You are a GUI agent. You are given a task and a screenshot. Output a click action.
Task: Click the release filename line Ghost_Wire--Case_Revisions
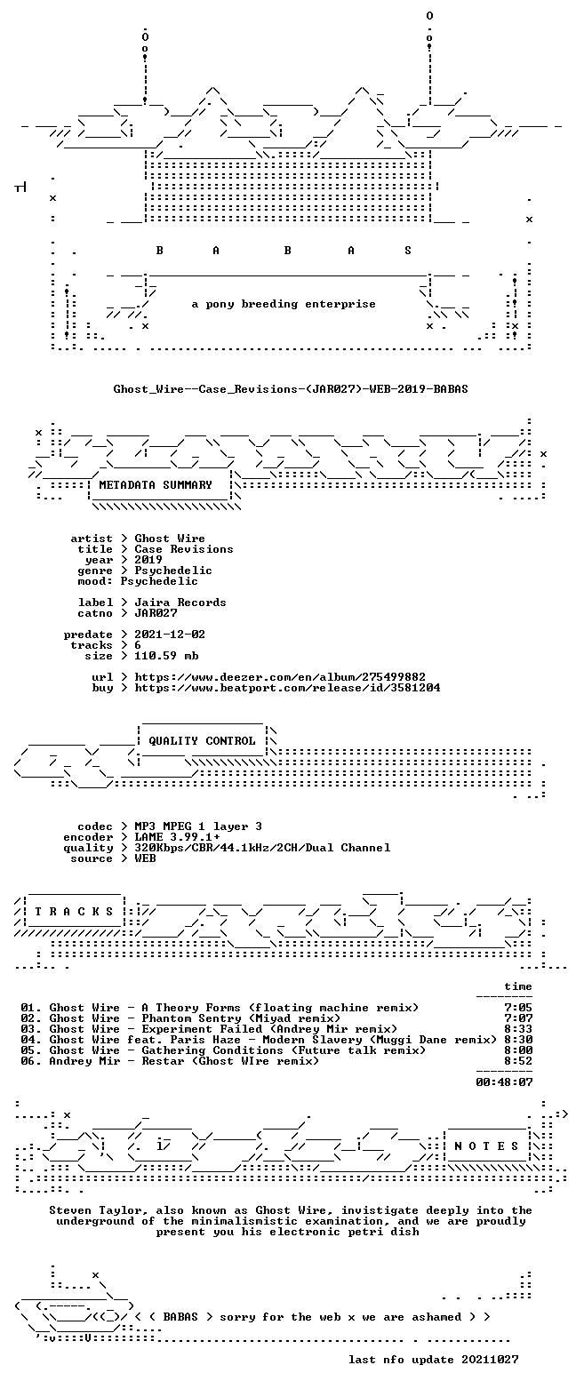click(x=290, y=389)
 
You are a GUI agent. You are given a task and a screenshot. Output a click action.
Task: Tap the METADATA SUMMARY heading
click(x=156, y=484)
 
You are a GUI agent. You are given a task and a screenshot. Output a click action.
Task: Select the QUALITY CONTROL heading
click(x=202, y=741)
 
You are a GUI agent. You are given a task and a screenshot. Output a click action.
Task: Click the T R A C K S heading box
click(x=75, y=911)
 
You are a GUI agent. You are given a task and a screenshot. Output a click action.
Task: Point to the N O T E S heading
click(x=486, y=1146)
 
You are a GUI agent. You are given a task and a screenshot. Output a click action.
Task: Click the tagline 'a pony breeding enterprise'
click(x=284, y=304)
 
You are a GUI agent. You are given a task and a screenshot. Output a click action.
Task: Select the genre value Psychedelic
click(x=172, y=571)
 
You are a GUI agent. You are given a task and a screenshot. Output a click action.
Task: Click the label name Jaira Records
click(x=180, y=603)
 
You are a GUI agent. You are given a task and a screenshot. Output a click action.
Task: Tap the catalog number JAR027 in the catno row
click(x=156, y=613)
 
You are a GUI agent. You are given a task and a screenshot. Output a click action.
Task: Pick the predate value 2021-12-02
click(x=170, y=635)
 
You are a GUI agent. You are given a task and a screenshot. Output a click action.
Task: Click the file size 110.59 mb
click(x=166, y=656)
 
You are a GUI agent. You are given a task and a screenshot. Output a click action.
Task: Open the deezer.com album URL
click(x=280, y=677)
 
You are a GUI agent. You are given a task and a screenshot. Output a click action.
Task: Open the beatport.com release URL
click(x=287, y=688)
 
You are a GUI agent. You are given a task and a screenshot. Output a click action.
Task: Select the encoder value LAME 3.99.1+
click(x=177, y=837)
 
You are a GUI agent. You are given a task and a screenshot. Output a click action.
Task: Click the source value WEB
click(x=145, y=858)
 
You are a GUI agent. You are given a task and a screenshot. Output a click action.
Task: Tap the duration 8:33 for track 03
click(x=518, y=1029)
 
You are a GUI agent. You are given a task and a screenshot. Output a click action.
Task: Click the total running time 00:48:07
click(x=504, y=1082)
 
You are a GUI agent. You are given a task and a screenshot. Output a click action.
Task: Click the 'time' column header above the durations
click(x=518, y=986)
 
